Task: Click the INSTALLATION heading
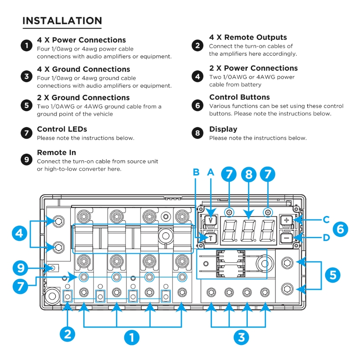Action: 62,21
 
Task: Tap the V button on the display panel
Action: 211,219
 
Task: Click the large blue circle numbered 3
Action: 241,337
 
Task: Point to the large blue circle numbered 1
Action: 131,337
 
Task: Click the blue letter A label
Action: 210,172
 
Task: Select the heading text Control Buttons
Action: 239,97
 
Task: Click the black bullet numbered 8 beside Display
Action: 198,133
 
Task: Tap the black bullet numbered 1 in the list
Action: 26,45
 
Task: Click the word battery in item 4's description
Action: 252,85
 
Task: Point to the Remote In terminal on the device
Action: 52,267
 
